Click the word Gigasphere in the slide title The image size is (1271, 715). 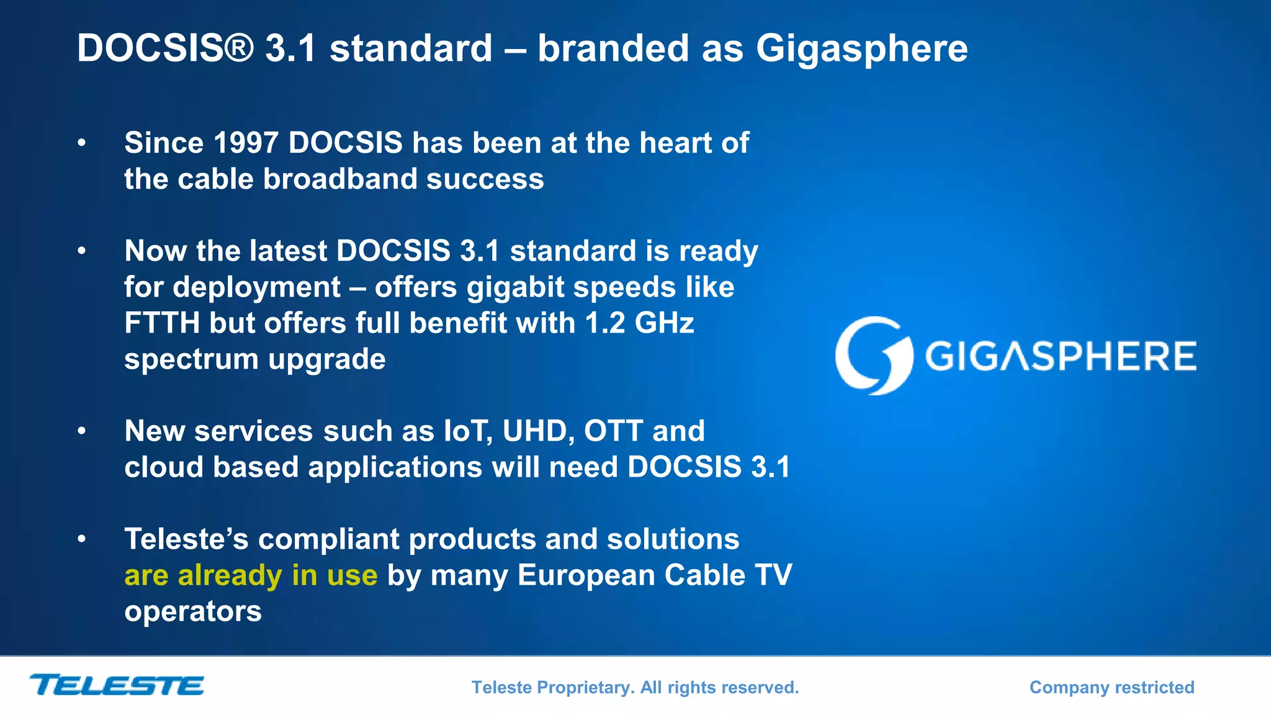861,48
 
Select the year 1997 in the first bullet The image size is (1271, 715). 245,143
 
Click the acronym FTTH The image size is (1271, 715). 162,323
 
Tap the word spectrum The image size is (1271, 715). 191,359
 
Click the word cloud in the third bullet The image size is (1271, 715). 164,467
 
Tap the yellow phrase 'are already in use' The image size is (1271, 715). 251,575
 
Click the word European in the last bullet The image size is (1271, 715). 586,575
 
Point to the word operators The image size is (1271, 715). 193,611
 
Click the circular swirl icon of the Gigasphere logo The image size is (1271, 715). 873,356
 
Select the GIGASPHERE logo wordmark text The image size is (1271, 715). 1061,356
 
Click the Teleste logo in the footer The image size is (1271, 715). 117,685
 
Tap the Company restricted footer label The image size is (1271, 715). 1112,687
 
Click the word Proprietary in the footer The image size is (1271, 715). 585,688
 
